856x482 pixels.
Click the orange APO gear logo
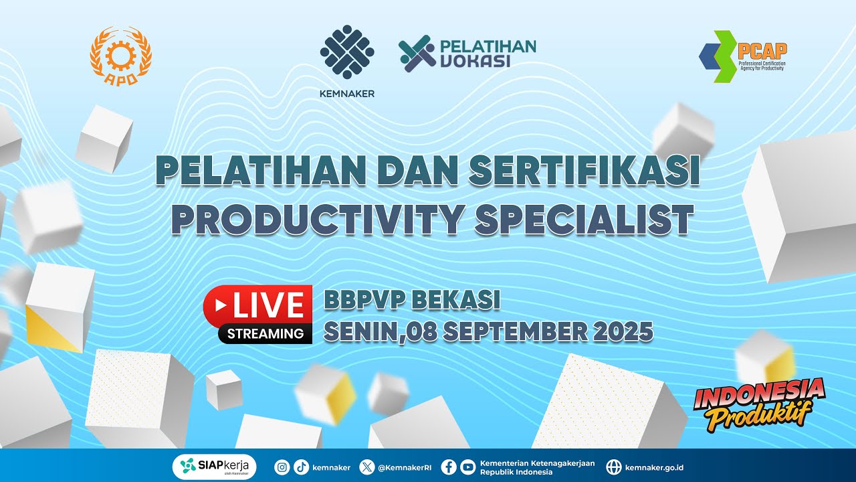click(121, 56)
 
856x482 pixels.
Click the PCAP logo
click(743, 56)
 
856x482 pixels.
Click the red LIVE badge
click(258, 305)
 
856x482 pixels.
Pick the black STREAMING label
click(265, 333)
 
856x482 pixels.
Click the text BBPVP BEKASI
click(412, 301)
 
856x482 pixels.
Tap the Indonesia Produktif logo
click(759, 403)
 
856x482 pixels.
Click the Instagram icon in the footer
click(283, 467)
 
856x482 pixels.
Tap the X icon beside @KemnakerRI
click(367, 467)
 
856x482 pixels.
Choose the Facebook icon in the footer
click(449, 467)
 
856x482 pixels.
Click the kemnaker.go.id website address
click(654, 467)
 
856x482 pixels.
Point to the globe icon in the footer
click(613, 467)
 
